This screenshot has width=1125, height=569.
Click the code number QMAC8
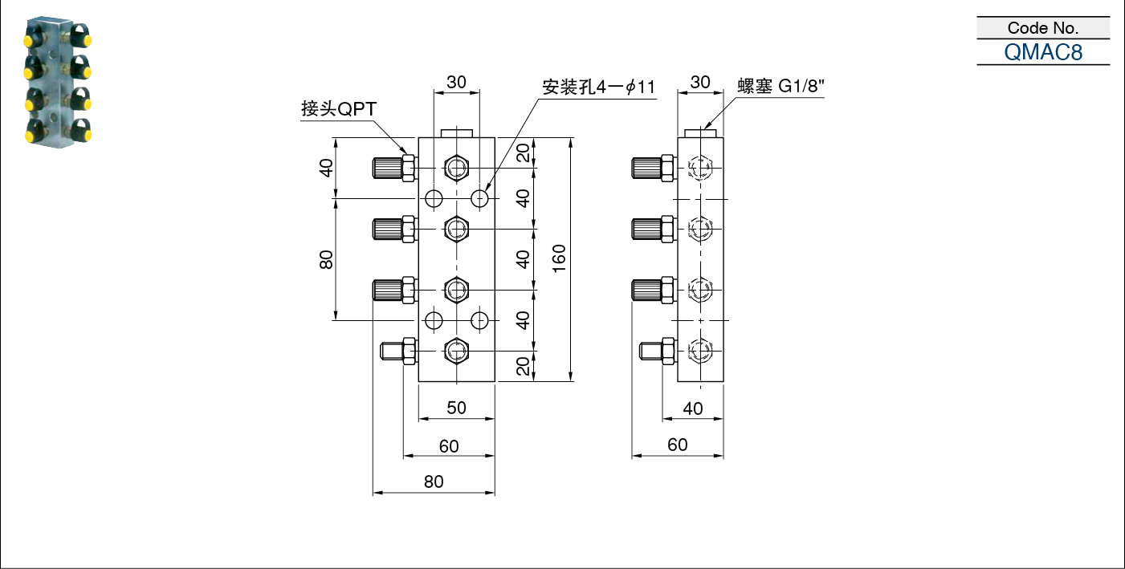point(1042,52)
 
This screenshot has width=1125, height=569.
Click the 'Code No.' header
point(1042,27)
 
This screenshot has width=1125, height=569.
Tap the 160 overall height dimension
point(559,259)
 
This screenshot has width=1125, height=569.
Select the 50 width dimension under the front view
point(457,408)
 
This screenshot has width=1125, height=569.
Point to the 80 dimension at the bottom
point(434,482)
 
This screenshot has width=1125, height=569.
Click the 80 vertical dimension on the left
point(326,259)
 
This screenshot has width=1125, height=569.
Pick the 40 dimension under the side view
point(692,408)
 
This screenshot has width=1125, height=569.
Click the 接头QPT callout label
point(339,108)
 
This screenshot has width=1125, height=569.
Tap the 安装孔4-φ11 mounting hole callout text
point(599,87)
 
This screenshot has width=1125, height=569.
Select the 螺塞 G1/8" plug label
point(781,87)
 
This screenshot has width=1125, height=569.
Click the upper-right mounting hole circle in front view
point(479,199)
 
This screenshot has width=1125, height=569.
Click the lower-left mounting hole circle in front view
point(434,320)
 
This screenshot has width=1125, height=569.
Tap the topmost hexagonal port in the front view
point(457,168)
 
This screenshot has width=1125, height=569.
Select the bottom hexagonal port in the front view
point(457,350)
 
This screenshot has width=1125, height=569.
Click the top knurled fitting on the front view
point(394,168)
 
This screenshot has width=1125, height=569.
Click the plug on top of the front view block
point(457,133)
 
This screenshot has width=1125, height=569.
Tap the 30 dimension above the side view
point(700,82)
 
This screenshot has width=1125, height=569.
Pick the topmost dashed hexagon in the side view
point(700,168)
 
